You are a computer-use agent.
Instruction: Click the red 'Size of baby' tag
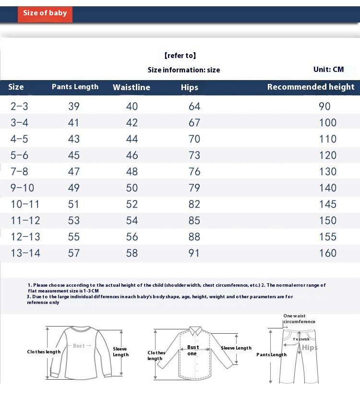click(45, 13)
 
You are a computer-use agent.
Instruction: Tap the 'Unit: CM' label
click(328, 70)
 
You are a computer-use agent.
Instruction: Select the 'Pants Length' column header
click(75, 87)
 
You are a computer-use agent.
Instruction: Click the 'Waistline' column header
click(132, 87)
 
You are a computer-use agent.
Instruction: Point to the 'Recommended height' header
click(311, 87)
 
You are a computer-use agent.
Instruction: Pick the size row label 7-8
click(20, 172)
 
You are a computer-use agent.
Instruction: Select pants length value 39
click(74, 106)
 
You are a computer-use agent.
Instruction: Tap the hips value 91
click(194, 253)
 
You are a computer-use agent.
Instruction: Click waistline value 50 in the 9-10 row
click(132, 188)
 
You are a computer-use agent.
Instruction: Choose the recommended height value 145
click(328, 204)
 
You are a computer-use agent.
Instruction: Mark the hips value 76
click(194, 172)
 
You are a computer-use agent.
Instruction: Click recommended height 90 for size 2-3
click(325, 106)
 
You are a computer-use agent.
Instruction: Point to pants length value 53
click(74, 221)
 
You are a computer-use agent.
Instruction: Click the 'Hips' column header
click(190, 87)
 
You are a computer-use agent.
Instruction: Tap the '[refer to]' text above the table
click(180, 56)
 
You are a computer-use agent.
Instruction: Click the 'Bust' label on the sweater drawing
click(79, 346)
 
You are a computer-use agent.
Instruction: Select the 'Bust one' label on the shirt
click(192, 350)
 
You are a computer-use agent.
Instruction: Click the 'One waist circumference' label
click(299, 319)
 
